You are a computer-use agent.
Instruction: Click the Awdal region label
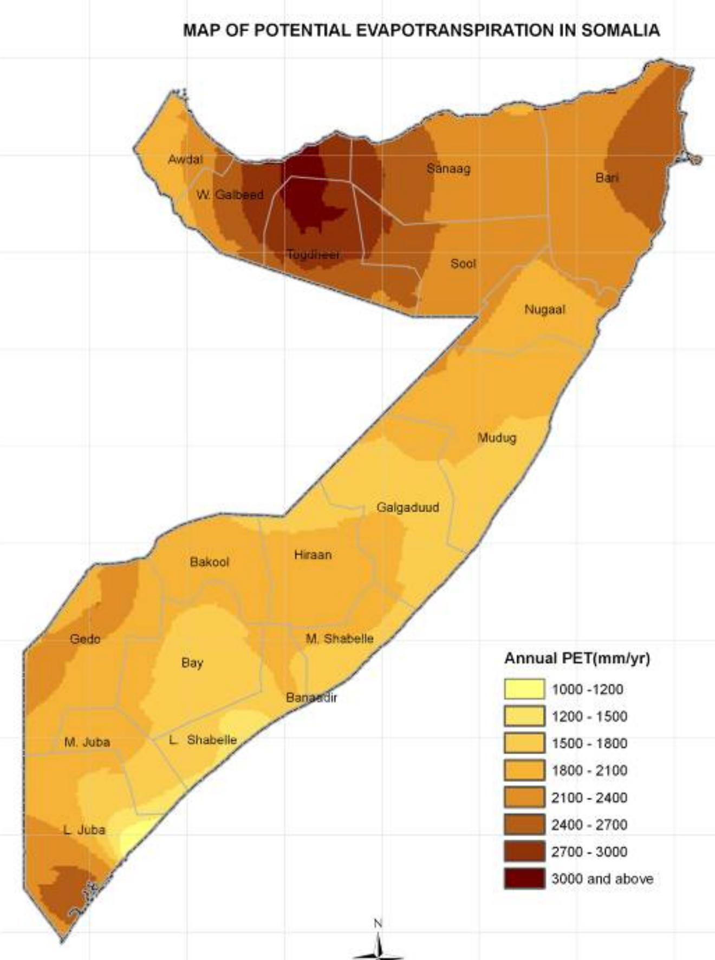pos(185,160)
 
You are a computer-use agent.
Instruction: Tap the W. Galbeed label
pos(230,195)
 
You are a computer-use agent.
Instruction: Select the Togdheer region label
pos(313,254)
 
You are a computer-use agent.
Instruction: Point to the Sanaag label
pos(448,168)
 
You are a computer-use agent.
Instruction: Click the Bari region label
pos(607,177)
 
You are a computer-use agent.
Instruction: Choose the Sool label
pos(463,264)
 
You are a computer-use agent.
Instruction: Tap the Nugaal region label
pos(544,310)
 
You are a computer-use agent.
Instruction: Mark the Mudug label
pos(496,437)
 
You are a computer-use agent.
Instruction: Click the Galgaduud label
pos(407,508)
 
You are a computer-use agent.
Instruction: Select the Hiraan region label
pos(313,555)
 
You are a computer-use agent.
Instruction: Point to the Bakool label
pos(209,562)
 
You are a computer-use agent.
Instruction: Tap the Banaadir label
pos(311,698)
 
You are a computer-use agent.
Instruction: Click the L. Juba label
pos(84,830)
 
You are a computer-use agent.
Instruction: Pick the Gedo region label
pos(85,639)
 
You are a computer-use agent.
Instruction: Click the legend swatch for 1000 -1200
pos(524,689)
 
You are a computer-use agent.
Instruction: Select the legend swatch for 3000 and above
pos(524,878)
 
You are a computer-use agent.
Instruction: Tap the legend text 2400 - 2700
pos(589,825)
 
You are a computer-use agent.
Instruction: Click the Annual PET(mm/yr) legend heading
pos(577,659)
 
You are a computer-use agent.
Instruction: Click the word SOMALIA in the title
pos(621,30)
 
